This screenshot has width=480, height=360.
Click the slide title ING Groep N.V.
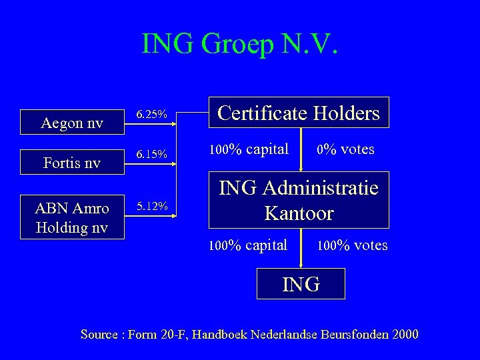coord(241,44)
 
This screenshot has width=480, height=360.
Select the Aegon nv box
coord(71,123)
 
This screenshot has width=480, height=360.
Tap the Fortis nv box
coord(71,162)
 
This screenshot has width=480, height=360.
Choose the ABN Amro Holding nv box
coord(71,218)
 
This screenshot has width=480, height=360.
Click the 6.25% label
coord(151,115)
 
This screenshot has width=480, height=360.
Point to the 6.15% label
coord(151,155)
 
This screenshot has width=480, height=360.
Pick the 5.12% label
coord(151,205)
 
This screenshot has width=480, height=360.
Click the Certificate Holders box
coord(299,113)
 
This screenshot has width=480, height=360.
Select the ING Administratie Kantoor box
coord(299,200)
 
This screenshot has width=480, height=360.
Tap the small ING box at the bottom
coord(301,284)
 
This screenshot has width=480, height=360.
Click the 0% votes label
coord(345,149)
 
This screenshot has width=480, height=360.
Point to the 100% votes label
coord(352,245)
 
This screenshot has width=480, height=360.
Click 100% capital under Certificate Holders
coord(249,149)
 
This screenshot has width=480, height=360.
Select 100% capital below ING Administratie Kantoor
coord(248,245)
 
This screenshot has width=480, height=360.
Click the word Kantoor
coord(299,213)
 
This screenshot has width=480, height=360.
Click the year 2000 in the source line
coord(406,334)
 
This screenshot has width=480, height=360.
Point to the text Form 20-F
coord(159,334)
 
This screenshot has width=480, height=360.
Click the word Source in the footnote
coord(99,334)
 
